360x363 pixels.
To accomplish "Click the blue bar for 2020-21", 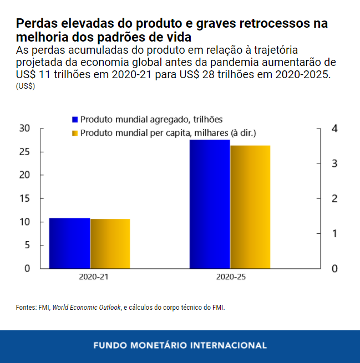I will coord(69,243).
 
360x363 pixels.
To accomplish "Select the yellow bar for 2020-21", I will coord(110,243).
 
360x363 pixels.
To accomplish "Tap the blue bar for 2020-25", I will coord(210,204).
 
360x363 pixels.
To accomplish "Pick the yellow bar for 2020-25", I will coord(250,207).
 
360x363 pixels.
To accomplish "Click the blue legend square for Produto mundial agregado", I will coord(75,119).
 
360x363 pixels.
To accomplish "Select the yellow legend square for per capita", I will coord(75,133).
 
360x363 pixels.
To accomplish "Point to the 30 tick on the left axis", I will coord(24,129).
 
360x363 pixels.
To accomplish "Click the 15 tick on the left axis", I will coord(24,198).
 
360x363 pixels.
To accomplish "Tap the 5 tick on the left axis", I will coord(27,245).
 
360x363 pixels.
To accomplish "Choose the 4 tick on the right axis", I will coord(334,129).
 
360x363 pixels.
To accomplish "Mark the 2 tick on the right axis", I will coord(334,198).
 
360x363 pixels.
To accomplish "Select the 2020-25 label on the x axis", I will coord(231,277).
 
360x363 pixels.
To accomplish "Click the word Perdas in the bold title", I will coord(34,24).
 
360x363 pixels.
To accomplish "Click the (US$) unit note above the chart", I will coord(26,86).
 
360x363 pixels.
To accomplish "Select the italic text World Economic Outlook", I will coord(87,307).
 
